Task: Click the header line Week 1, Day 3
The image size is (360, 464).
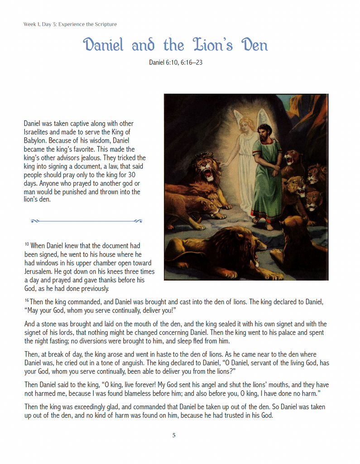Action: point(70,24)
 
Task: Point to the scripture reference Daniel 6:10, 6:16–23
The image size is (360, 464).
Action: point(176,62)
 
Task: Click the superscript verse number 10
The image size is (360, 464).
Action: point(27,244)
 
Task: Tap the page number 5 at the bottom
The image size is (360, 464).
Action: point(174,435)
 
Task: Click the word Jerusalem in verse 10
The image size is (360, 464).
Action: point(40,271)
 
